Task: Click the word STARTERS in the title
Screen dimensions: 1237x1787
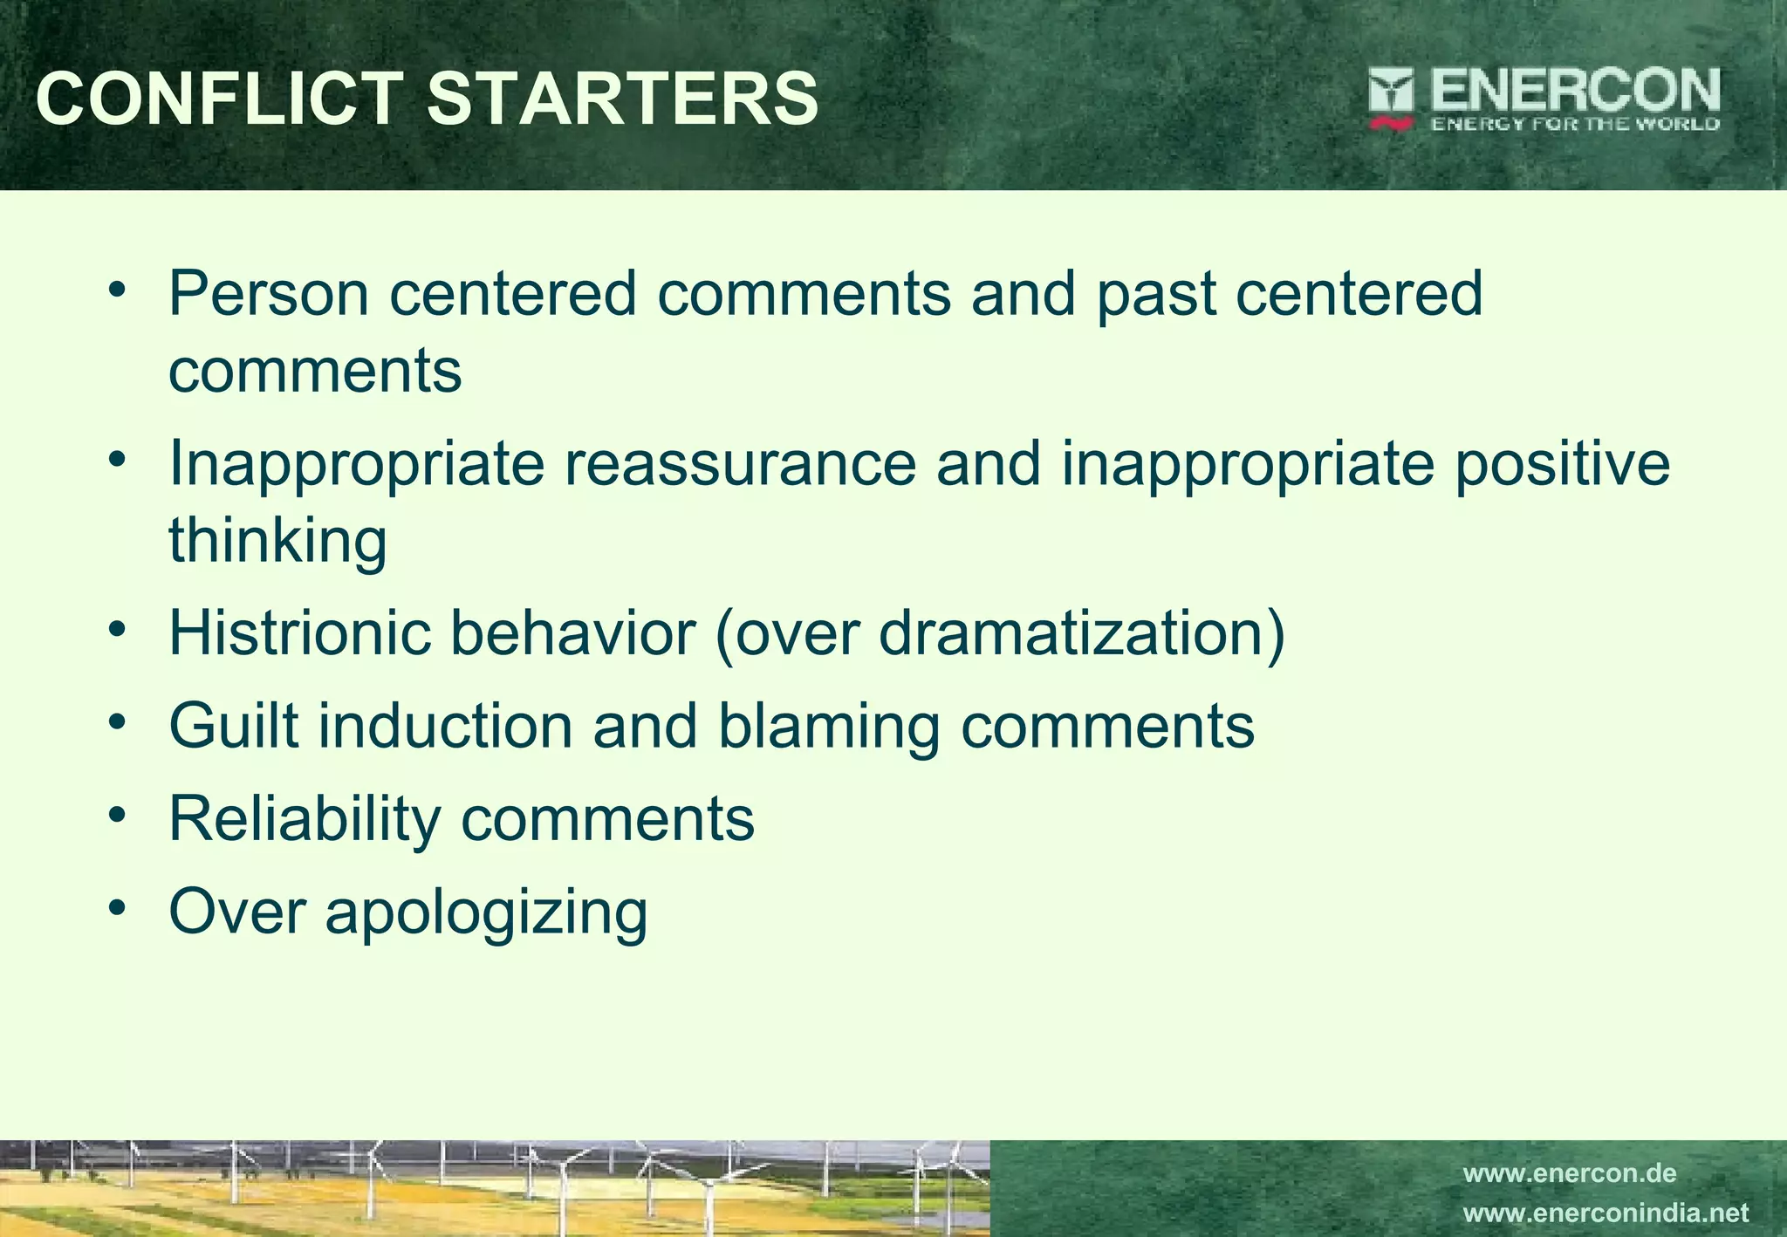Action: coord(623,98)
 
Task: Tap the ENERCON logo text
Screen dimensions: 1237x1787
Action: coord(1574,91)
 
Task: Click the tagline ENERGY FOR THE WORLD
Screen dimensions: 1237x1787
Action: coord(1575,124)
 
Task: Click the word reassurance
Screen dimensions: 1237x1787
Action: coord(740,463)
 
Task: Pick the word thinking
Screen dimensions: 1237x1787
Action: coord(277,540)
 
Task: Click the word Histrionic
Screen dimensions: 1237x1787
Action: coord(299,632)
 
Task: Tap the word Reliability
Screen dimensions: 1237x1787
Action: coord(305,819)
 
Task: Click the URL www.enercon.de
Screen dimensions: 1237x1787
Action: coord(1569,1173)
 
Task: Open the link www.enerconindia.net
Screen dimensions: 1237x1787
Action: coord(1606,1213)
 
